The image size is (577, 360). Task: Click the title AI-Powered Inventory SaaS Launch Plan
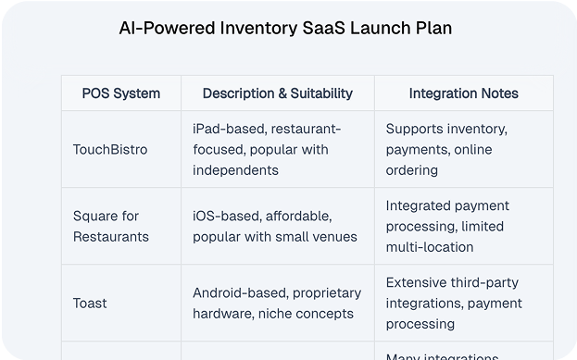click(x=286, y=28)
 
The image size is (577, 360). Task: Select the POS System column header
click(x=120, y=93)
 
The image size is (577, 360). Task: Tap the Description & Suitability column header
click(x=277, y=93)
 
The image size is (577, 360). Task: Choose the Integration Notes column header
click(x=463, y=93)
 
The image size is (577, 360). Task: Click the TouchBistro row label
click(x=109, y=150)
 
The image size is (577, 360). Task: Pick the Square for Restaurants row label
click(x=106, y=227)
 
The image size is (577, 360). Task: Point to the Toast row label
click(x=90, y=304)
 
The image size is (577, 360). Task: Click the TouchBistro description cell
click(x=267, y=150)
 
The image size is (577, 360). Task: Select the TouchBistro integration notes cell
click(x=446, y=150)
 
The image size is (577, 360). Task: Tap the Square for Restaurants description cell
click(x=274, y=227)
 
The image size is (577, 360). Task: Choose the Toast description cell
click(x=276, y=304)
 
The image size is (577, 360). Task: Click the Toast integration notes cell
click(x=454, y=304)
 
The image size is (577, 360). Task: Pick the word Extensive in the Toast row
click(x=416, y=283)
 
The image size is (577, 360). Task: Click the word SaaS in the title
click(x=342, y=28)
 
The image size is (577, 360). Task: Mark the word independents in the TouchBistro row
click(x=235, y=170)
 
